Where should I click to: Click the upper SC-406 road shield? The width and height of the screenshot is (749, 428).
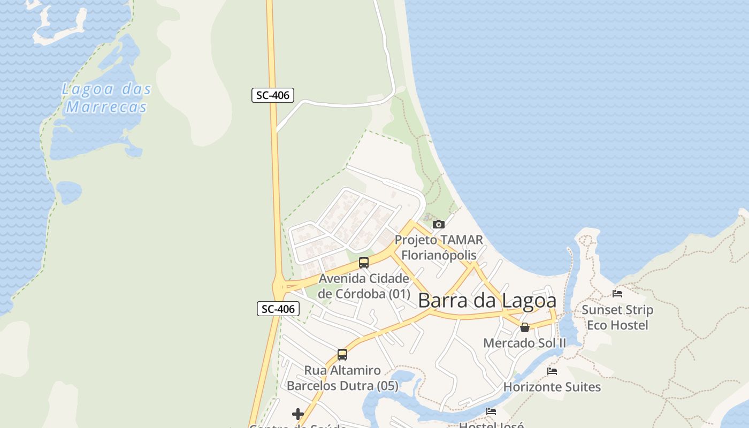pos(273,95)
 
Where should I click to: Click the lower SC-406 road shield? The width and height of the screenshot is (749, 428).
pos(278,309)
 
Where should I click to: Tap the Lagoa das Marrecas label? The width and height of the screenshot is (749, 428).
pos(106,98)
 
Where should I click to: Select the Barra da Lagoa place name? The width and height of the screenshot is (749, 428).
pos(487,301)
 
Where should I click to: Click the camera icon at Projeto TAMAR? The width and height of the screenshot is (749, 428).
pos(438,224)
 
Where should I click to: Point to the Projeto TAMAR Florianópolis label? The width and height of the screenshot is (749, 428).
pos(439,247)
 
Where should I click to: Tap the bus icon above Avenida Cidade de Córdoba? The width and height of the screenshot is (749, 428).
pos(364,262)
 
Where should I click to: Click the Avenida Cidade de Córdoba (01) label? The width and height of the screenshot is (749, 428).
pos(364,286)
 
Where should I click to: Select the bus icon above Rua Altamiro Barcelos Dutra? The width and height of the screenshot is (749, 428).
pos(342,354)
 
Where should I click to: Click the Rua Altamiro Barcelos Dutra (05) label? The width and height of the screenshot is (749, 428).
pos(342,378)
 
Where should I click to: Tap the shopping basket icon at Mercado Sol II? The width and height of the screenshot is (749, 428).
pos(525,327)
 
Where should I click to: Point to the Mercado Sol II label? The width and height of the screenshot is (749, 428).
pos(524,343)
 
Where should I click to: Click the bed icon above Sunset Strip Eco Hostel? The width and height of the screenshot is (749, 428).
pos(617,293)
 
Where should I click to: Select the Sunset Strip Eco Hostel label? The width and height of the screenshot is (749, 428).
pos(617,317)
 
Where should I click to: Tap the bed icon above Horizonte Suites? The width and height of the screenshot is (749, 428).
pos(552,371)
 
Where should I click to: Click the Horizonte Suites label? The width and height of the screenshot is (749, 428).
pos(552,387)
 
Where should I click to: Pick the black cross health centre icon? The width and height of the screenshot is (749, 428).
pos(298,414)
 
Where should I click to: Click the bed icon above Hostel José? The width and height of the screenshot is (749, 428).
pos(491,411)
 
